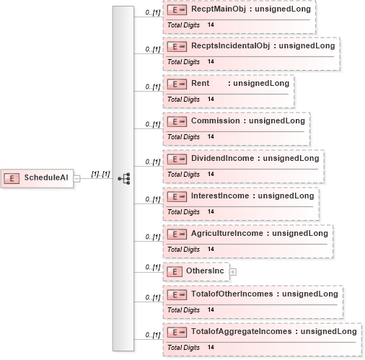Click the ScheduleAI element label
click(x=46, y=177)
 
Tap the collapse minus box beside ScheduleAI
click(x=76, y=179)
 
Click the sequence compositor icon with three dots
click(x=124, y=179)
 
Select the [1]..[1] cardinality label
click(x=100, y=174)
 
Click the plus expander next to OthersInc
click(x=233, y=272)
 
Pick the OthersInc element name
click(x=205, y=271)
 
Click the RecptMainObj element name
click(x=219, y=9)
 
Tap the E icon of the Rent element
click(x=177, y=84)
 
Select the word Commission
click(x=216, y=120)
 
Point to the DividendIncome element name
click(x=222, y=158)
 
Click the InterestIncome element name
click(x=220, y=196)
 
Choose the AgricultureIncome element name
click(x=227, y=233)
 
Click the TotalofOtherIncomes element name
click(x=232, y=294)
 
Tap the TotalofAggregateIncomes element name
click(x=242, y=331)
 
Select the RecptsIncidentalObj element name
click(x=230, y=45)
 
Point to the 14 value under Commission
click(x=211, y=136)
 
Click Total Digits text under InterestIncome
click(x=183, y=212)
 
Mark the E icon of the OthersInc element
click(x=175, y=272)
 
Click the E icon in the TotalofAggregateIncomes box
click(x=177, y=333)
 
